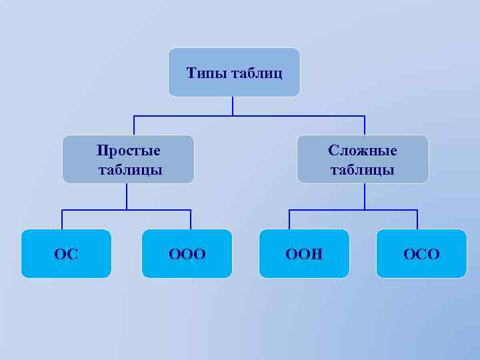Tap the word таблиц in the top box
coord(256,72)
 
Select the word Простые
coord(129,150)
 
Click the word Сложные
coord(363,150)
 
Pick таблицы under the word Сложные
coord(363,169)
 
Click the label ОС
coord(66,254)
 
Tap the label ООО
coord(187,254)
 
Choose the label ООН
coord(304,254)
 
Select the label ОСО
coord(421,254)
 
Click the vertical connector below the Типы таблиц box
coord(233,106)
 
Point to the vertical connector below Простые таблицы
coord(127,197)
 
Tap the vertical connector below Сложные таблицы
coord(365,197)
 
